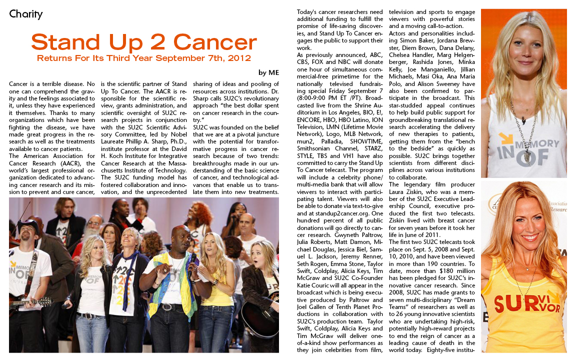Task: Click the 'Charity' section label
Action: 26,14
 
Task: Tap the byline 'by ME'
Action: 268,72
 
